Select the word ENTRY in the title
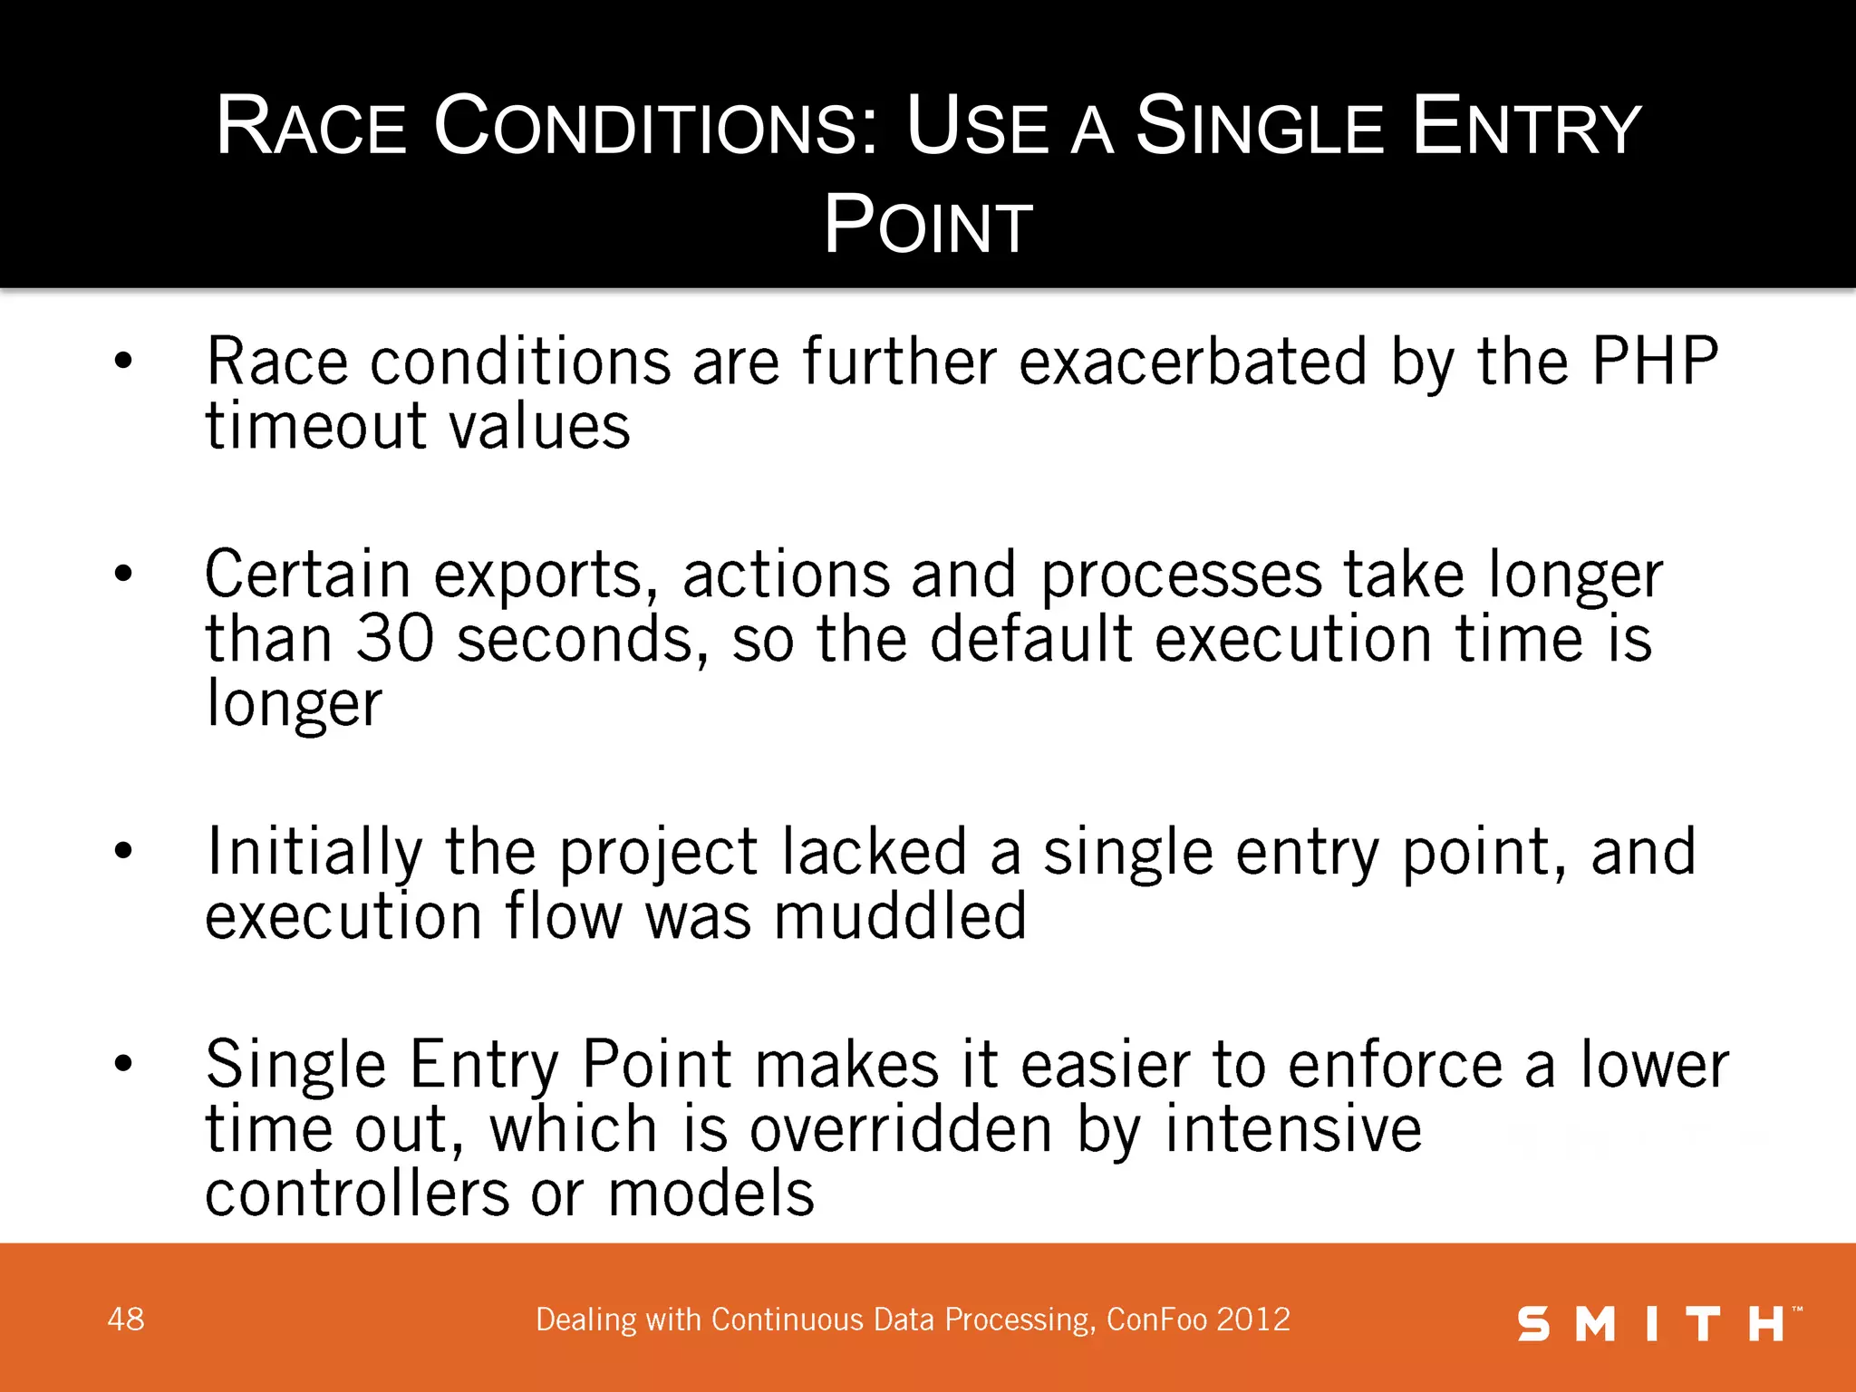[x=1526, y=127]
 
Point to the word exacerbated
[x=1193, y=362]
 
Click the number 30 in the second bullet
[x=395, y=639]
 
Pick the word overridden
[x=901, y=1130]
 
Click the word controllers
[x=357, y=1194]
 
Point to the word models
[x=711, y=1194]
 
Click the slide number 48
[x=126, y=1319]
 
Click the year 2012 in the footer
[x=1254, y=1319]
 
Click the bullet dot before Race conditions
[x=124, y=362]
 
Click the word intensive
[x=1293, y=1130]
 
